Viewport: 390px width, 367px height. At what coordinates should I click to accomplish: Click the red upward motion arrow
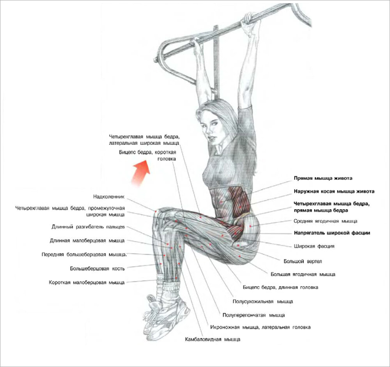point(140,174)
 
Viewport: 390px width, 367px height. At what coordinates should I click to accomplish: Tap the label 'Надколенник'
point(109,197)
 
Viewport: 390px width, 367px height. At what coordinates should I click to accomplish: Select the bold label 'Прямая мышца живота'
point(323,178)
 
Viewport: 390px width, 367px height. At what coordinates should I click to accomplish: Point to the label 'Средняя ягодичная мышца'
point(325,221)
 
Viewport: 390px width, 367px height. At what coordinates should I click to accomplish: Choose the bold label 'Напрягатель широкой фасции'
point(331,233)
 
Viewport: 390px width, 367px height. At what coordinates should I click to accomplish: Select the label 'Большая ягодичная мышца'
point(303,274)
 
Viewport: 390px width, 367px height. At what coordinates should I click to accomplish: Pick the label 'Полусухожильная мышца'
point(263,301)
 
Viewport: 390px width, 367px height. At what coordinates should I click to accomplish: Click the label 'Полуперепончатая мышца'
point(253,315)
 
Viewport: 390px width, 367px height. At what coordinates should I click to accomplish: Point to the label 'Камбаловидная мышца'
point(213,340)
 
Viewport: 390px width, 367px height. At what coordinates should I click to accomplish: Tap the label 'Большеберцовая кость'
point(97,268)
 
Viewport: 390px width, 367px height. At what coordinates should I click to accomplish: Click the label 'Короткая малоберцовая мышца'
point(87,283)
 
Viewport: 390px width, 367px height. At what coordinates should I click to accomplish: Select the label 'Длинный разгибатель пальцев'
point(88,227)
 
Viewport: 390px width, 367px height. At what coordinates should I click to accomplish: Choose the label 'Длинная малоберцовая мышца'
point(87,241)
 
